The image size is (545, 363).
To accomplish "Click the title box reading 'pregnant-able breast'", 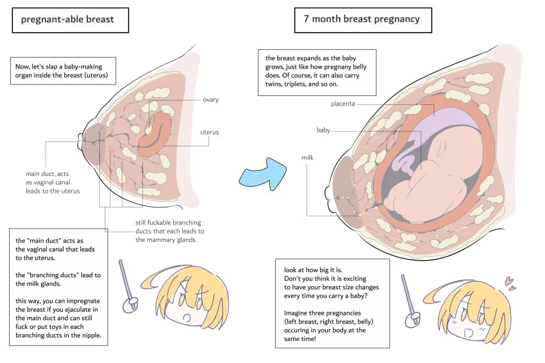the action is click(71, 20).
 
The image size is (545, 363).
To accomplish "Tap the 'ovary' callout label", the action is click(211, 100).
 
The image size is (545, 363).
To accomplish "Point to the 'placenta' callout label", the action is click(343, 104).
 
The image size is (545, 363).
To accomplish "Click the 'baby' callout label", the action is click(323, 130).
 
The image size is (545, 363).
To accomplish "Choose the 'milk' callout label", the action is click(307, 157).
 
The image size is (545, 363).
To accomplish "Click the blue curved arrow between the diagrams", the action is click(263, 174).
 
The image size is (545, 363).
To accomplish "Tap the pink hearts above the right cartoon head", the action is click(510, 283).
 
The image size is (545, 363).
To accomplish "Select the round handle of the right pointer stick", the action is click(413, 319).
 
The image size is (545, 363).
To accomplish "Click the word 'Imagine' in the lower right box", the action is click(296, 313).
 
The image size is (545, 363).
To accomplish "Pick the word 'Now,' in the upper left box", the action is click(22, 67).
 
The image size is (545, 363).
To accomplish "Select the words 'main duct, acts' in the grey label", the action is click(47, 174).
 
